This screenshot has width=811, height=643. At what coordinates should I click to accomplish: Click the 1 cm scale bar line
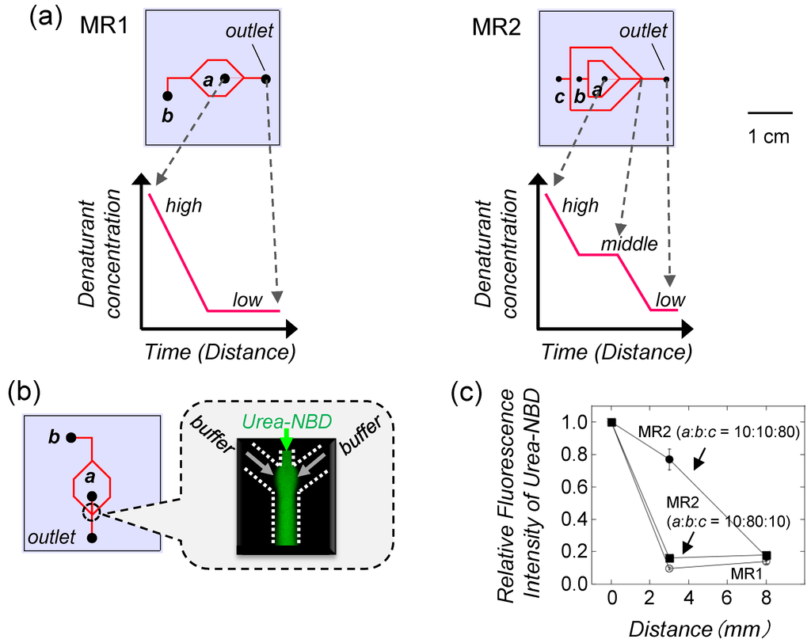click(x=770, y=112)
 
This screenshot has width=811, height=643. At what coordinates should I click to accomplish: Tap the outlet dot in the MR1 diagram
click(x=266, y=78)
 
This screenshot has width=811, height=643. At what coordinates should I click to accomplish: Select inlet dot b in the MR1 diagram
click(x=168, y=96)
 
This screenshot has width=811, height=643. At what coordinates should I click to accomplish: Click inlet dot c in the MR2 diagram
click(x=559, y=79)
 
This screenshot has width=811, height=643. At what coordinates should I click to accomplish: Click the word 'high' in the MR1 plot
click(x=184, y=207)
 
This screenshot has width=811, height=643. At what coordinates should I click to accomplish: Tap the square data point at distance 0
click(x=611, y=422)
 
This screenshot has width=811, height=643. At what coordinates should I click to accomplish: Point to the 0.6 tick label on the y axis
click(x=585, y=487)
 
